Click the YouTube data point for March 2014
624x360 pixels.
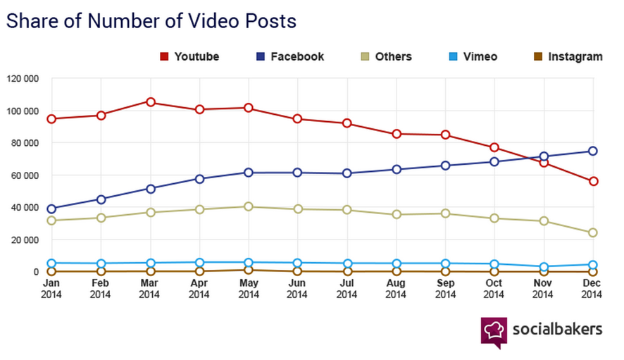click(150, 102)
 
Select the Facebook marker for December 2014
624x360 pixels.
click(593, 151)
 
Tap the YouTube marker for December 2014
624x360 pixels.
click(593, 181)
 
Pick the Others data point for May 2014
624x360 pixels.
click(249, 206)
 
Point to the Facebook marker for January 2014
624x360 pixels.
click(51, 209)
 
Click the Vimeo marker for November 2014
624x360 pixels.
click(544, 267)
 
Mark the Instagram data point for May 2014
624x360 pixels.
click(249, 270)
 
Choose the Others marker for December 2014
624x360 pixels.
click(593, 232)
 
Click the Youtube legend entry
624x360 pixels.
click(189, 56)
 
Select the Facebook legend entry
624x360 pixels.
click(289, 56)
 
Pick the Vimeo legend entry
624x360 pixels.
click(473, 56)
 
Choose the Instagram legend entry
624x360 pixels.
click(567, 56)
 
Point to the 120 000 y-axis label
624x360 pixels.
click(22, 78)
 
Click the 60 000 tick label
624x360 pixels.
click(24, 175)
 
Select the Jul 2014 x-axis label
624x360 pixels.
click(347, 289)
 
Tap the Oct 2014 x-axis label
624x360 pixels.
click(494, 289)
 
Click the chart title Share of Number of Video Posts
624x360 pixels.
click(151, 21)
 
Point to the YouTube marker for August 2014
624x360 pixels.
click(397, 134)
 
